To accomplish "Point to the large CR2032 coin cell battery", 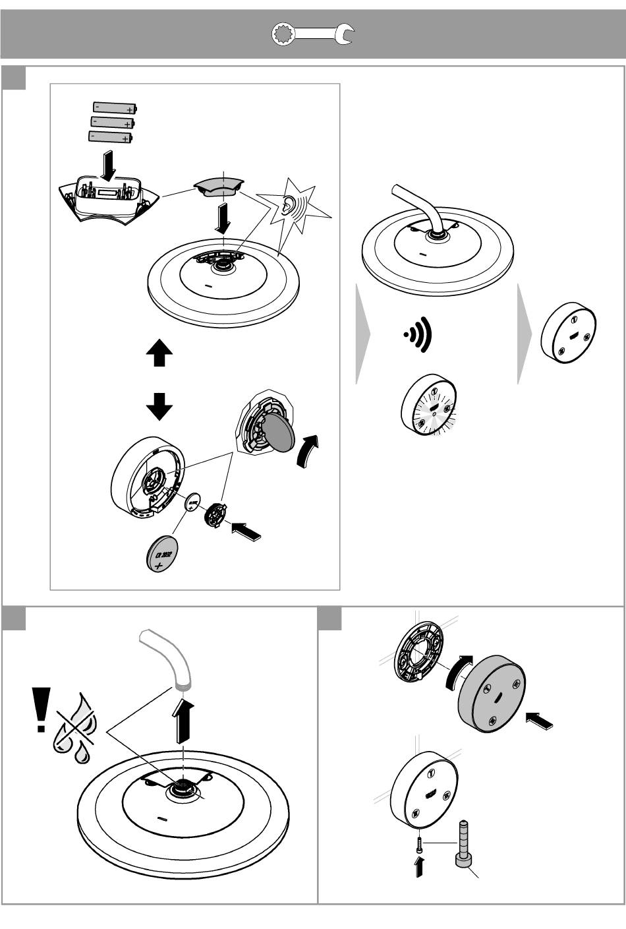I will tap(161, 553).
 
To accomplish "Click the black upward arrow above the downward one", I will tap(159, 355).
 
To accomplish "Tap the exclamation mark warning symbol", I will tap(42, 709).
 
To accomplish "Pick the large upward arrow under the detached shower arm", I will tap(186, 720).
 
